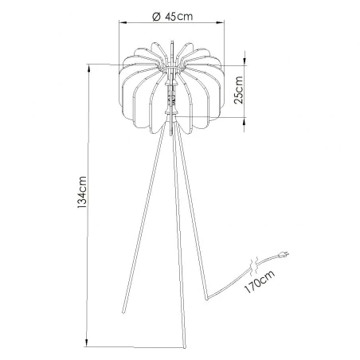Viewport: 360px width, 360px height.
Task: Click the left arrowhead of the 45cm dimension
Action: click(121, 24)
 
